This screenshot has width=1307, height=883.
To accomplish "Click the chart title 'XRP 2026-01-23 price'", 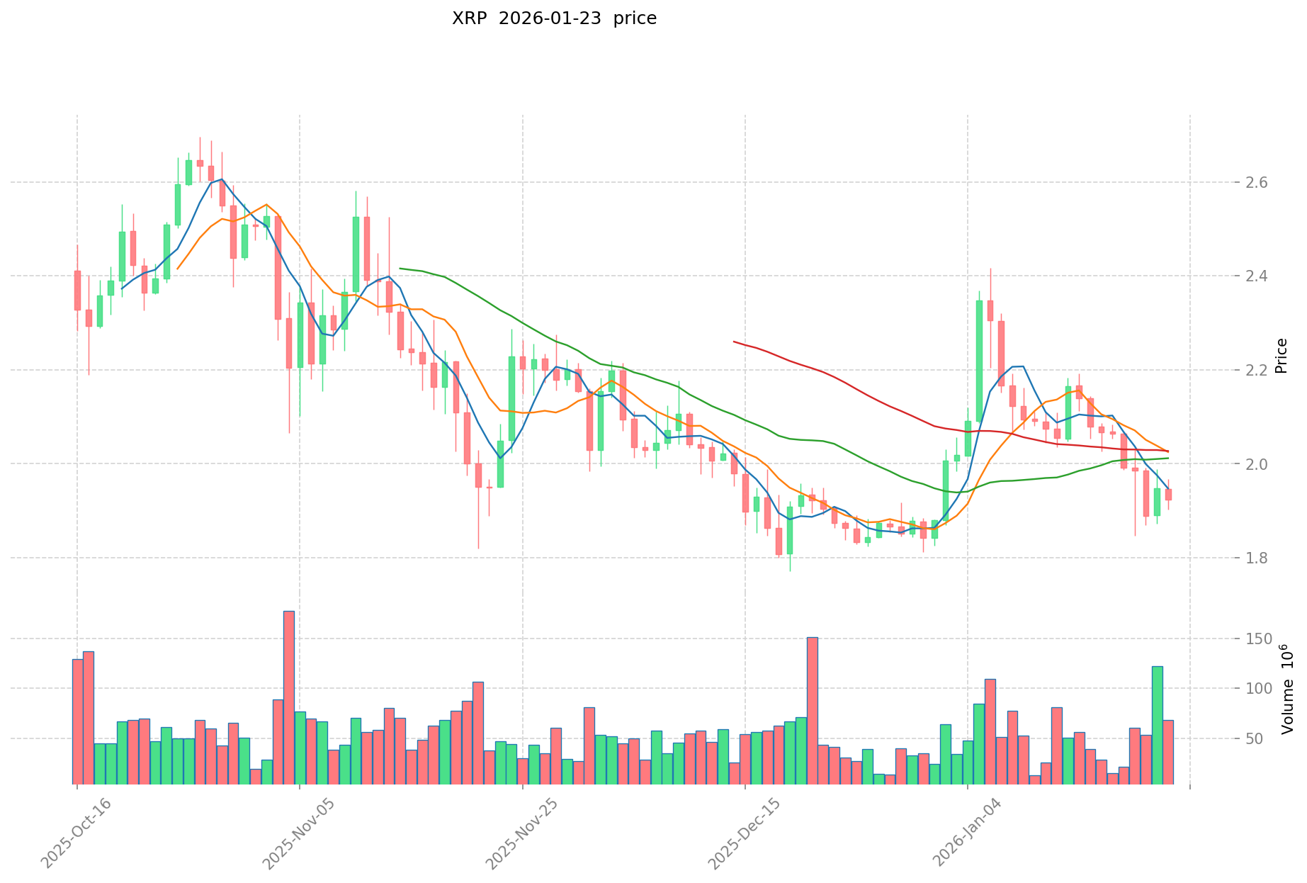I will (x=554, y=18).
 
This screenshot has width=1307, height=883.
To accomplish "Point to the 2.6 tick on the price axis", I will (x=1227, y=183).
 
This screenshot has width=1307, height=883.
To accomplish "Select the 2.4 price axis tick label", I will (x=1227, y=276).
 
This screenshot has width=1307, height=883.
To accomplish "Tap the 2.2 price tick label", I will (x=1227, y=370).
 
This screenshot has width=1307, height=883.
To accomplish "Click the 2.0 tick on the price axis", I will (x=1227, y=464).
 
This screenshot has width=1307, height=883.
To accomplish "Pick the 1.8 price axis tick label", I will (x=1227, y=558).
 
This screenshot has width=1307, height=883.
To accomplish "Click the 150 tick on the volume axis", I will (x=1230, y=639).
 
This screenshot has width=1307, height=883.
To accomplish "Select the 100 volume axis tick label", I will (x=1230, y=689).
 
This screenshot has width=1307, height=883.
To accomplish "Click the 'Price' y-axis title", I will (x=1281, y=356).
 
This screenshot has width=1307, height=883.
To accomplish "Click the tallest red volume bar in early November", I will (x=289, y=698).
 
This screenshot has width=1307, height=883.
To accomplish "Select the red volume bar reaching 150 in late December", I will (x=812, y=711).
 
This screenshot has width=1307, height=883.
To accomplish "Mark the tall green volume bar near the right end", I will (x=1157, y=725).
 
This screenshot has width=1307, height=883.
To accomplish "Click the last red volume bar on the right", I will (x=1168, y=752).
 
